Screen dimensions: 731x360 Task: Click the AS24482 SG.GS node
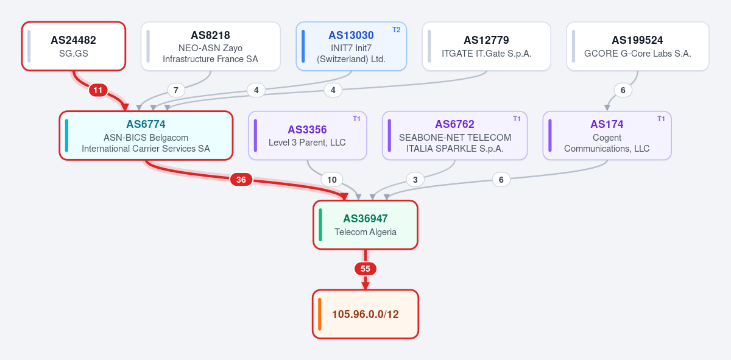pyautogui.click(x=74, y=46)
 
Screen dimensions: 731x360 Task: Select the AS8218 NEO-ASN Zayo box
pyautogui.click(x=211, y=46)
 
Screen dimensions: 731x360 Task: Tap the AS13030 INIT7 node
pyautogui.click(x=351, y=46)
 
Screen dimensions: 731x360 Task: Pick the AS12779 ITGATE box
pyautogui.click(x=486, y=46)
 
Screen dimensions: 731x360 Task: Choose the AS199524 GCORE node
pyautogui.click(x=638, y=46)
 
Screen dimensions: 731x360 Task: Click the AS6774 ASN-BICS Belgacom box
pyautogui.click(x=146, y=135)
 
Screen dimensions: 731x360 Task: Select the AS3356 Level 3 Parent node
pyautogui.click(x=308, y=135)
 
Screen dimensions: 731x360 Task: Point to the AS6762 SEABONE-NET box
pyautogui.click(x=454, y=135)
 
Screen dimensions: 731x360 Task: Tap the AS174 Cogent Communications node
pyautogui.click(x=607, y=135)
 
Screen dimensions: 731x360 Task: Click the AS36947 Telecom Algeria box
pyautogui.click(x=365, y=225)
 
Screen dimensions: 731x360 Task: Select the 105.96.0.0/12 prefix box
pyautogui.click(x=365, y=314)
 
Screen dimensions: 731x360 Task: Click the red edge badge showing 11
pyautogui.click(x=98, y=90)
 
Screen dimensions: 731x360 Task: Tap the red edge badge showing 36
pyautogui.click(x=241, y=180)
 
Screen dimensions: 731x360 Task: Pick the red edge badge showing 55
pyautogui.click(x=365, y=269)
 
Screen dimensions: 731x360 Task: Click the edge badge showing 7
pyautogui.click(x=176, y=90)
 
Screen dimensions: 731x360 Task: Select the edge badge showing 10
pyautogui.click(x=332, y=180)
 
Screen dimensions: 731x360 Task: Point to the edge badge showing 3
pyautogui.click(x=415, y=180)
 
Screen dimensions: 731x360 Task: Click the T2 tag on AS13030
pyautogui.click(x=396, y=30)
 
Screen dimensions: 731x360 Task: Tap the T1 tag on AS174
pyautogui.click(x=661, y=119)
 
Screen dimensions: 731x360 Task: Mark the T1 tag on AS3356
pyautogui.click(x=356, y=119)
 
